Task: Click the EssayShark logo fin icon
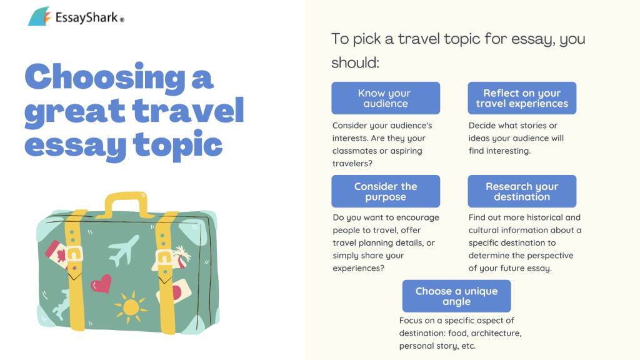[x=39, y=16]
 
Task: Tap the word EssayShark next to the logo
[x=86, y=17]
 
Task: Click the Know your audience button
[x=386, y=98]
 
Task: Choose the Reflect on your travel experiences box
[x=522, y=98]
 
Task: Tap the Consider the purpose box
[x=386, y=191]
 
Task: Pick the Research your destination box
[x=522, y=191]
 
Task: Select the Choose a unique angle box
[x=456, y=296]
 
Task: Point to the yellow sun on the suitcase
[x=131, y=306]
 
